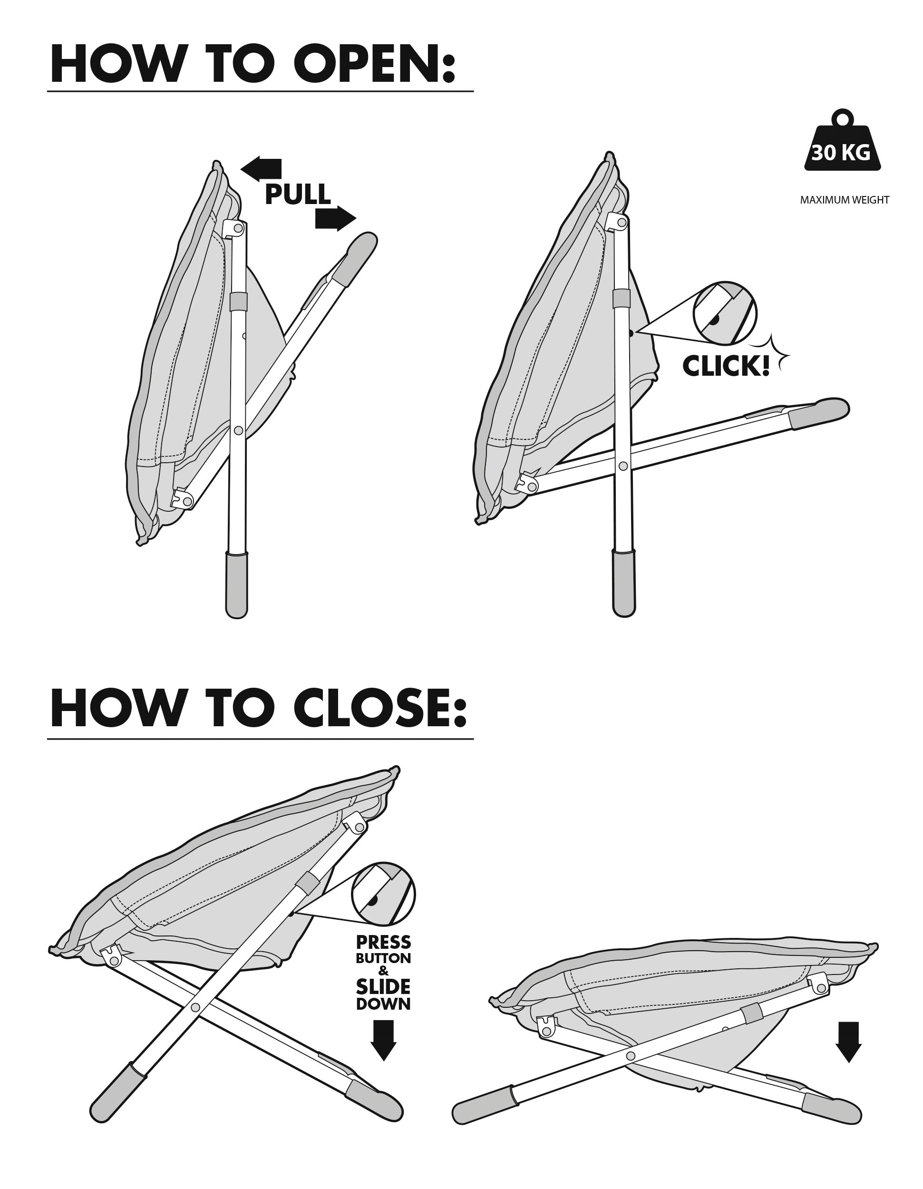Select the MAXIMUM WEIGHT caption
pos(845,200)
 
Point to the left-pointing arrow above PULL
pos(261,169)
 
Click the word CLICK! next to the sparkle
pos(726,366)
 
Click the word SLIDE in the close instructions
pos(383,986)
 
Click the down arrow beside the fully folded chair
pos(848,1042)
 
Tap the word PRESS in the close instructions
pos(383,942)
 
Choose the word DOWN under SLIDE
pos(383,1004)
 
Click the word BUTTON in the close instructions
pos(383,958)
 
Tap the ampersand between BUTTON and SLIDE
pos(383,971)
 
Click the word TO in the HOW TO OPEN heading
pos(240,64)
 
